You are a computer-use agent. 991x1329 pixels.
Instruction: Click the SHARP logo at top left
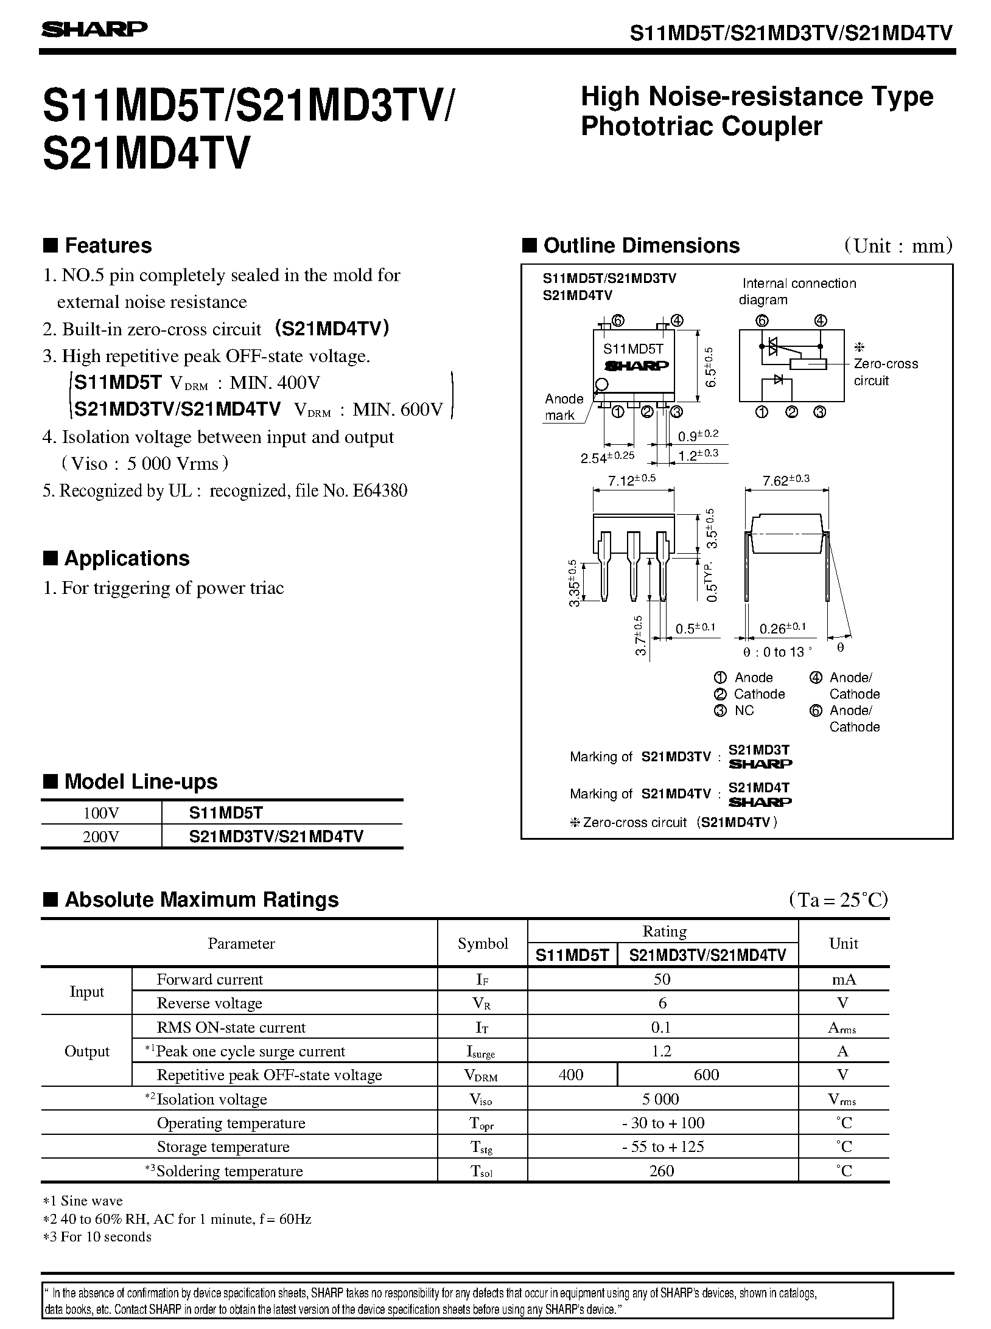pyautogui.click(x=94, y=30)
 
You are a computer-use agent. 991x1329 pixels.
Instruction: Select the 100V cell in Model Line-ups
pyautogui.click(x=101, y=812)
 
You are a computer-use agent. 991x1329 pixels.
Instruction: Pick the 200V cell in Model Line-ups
pyautogui.click(x=101, y=837)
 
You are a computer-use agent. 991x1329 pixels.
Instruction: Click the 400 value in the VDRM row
pyautogui.click(x=571, y=1075)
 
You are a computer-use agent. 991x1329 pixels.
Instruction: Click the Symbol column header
pyautogui.click(x=483, y=944)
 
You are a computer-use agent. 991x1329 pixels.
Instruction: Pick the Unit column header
pyautogui.click(x=843, y=944)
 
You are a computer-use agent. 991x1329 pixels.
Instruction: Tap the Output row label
pyautogui.click(x=86, y=1052)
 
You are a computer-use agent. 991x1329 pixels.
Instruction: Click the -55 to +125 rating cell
pyautogui.click(x=662, y=1148)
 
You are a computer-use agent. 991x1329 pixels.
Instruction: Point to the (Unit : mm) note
pyautogui.click(x=898, y=246)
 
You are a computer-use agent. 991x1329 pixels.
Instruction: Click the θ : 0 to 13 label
pyautogui.click(x=777, y=652)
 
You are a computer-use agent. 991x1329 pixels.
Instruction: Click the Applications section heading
pyautogui.click(x=127, y=559)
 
